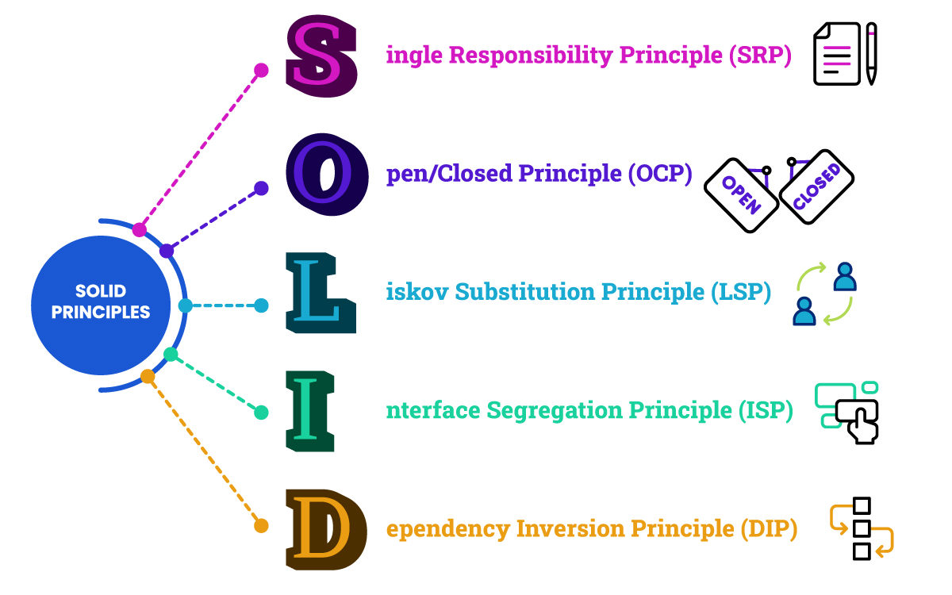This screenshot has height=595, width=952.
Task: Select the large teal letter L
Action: point(320,293)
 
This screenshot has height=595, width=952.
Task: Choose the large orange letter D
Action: point(325,529)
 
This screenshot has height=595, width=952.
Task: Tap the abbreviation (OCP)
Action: point(659,174)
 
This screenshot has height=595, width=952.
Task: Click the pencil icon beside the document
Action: point(871,53)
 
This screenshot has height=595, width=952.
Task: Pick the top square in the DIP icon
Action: point(862,506)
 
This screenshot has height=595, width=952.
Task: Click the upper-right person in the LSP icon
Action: point(845,277)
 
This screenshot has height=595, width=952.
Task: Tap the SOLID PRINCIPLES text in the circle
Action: point(101,302)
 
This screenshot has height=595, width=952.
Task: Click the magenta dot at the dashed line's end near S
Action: point(261,71)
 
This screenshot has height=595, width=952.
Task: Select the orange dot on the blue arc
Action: point(148,377)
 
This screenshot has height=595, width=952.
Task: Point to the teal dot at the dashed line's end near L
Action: point(261,305)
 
